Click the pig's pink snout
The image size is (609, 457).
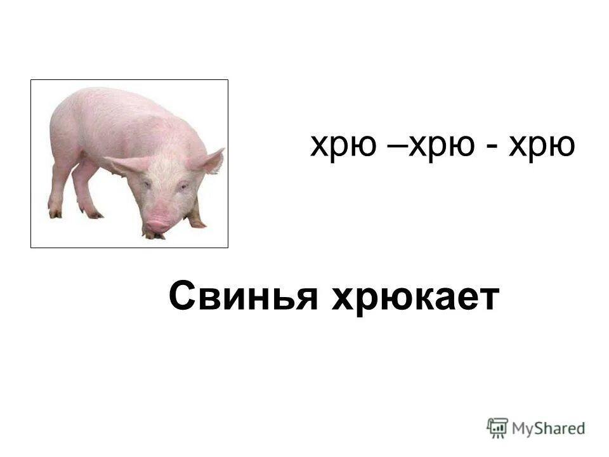pyautogui.click(x=157, y=225)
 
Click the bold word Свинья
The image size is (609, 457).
pyautogui.click(x=243, y=297)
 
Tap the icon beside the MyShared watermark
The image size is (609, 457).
pyautogui.click(x=497, y=427)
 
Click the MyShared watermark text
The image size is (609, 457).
pyautogui.click(x=548, y=428)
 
